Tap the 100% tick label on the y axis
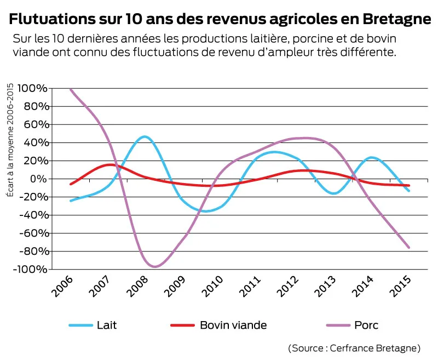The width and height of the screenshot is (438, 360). click(32, 88)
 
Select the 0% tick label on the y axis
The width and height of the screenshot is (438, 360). click(38, 179)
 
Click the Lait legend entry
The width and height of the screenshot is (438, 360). click(93, 325)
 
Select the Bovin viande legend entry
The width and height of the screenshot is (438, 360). click(219, 325)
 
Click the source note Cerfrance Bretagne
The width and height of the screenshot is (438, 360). click(354, 348)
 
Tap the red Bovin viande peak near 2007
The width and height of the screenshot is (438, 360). click(110, 164)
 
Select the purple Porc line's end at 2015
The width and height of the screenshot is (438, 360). click(408, 248)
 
